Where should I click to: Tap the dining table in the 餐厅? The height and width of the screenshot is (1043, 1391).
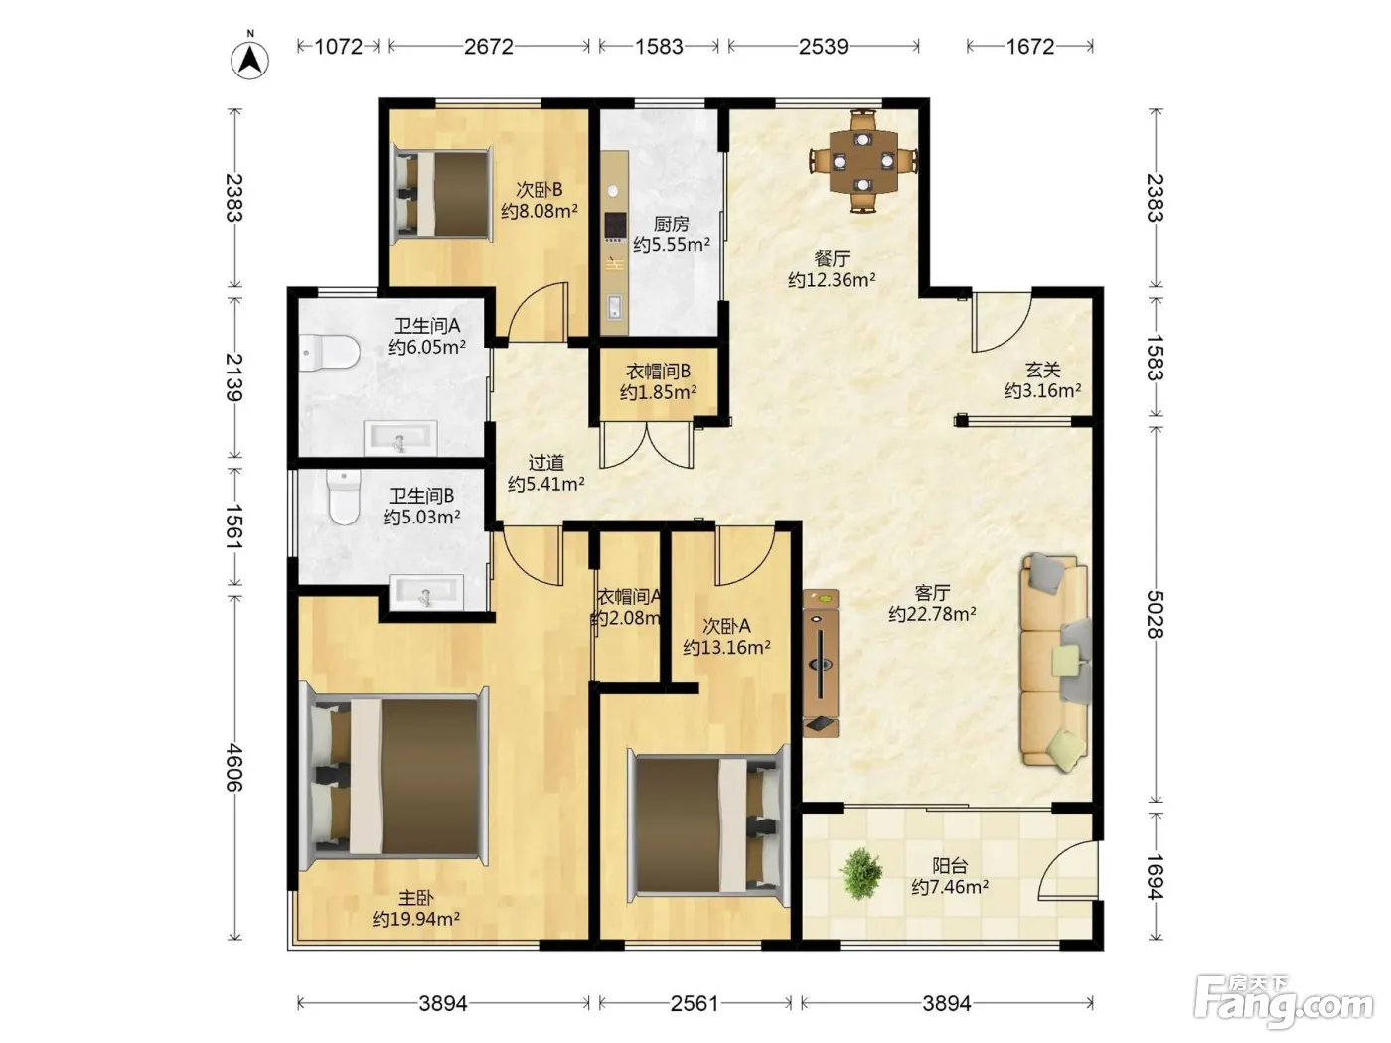tap(863, 161)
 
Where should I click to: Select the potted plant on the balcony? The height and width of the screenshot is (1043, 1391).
tap(860, 874)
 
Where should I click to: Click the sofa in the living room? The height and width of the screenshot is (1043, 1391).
tap(1054, 663)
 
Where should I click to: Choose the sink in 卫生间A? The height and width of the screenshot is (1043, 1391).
tap(399, 438)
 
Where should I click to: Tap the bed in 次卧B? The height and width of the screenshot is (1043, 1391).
tap(443, 195)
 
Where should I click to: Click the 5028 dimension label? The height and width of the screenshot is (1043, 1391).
tap(1156, 614)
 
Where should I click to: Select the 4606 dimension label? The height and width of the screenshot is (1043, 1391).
tap(234, 767)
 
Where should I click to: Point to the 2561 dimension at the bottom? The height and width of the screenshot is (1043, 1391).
tap(695, 1003)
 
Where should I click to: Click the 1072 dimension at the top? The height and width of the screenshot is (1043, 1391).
tap(339, 47)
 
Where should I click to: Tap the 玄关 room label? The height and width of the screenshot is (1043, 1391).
tap(1042, 370)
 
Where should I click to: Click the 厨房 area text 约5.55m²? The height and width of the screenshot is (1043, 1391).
tap(672, 244)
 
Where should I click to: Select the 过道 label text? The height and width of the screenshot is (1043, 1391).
tap(545, 463)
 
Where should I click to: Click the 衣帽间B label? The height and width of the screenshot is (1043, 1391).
tap(659, 372)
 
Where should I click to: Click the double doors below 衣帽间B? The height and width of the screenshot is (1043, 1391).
tap(647, 445)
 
